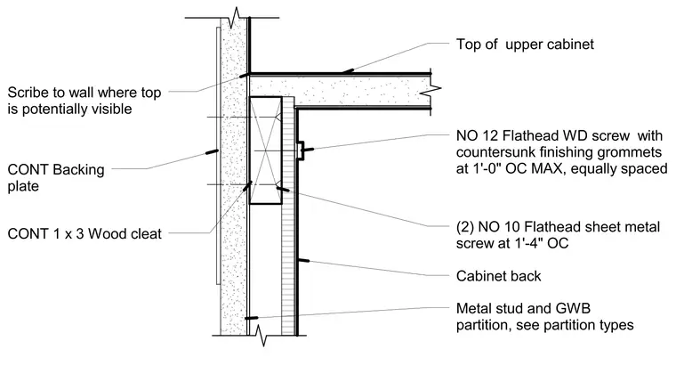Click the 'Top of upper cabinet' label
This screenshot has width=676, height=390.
(525, 45)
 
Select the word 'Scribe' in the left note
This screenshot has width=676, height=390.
(28, 93)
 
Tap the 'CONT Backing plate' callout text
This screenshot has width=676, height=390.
(56, 178)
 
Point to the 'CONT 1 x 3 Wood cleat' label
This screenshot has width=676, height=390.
(84, 234)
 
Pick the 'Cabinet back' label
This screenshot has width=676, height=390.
(498, 276)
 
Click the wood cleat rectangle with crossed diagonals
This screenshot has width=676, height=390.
(266, 150)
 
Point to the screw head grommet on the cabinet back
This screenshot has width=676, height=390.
(301, 150)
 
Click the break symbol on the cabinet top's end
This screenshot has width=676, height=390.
(436, 90)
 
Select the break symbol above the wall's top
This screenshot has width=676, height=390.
(237, 17)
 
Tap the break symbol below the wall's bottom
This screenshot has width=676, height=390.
(260, 335)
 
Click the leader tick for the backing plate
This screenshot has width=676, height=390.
(212, 152)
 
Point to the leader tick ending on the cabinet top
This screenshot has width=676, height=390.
(349, 70)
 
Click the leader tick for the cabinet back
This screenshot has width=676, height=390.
(303, 261)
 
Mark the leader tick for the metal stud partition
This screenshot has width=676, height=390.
(252, 319)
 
